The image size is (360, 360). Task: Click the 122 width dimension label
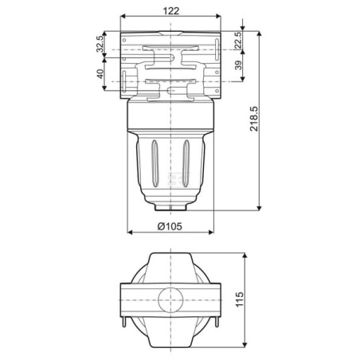tap(171, 11)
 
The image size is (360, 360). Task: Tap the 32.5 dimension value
tap(100, 44)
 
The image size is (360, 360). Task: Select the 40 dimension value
tap(100, 73)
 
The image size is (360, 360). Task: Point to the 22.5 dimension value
tap(238, 40)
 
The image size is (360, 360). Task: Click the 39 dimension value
tap(238, 65)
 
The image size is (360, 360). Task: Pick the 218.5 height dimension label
tap(254, 119)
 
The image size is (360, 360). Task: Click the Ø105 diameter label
tap(170, 226)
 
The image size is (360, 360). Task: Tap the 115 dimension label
tap(240, 299)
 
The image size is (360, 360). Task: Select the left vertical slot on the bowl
tap(155, 163)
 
